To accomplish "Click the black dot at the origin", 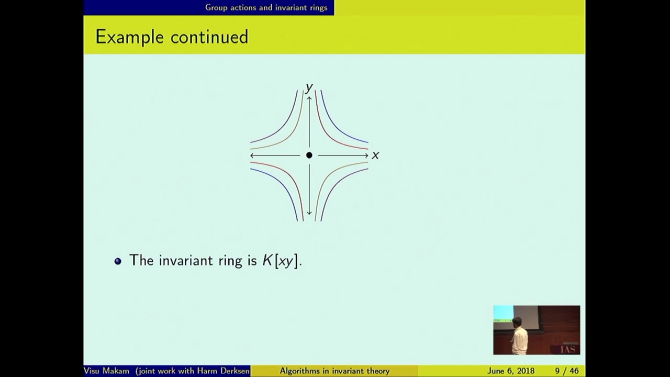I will coord(309,155).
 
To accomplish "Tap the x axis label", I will coord(375,156).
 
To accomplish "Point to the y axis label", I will coord(309,87).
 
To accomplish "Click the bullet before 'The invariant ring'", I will coord(118,261).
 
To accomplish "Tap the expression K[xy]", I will coord(282,261).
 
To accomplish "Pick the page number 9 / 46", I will coord(567,371).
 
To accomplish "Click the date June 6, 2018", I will coord(510,371).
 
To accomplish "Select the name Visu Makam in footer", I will coord(106,371).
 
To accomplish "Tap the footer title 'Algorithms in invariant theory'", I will coord(334,371).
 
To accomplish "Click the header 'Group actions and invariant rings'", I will coord(266,7).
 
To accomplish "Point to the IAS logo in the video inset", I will coord(568,349).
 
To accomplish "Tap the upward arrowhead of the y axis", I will coord(309,97).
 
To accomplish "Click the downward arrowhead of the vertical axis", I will coord(309,213).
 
